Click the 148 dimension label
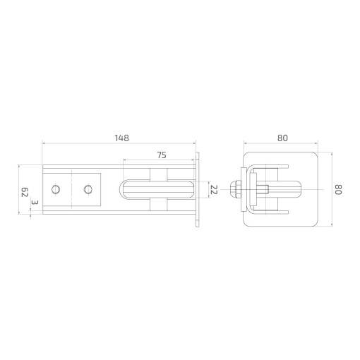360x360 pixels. click(x=122, y=138)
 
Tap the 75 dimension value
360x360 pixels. click(x=162, y=155)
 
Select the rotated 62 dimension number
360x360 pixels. click(x=25, y=192)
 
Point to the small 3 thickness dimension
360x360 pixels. click(x=35, y=203)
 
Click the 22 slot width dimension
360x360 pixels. click(x=214, y=189)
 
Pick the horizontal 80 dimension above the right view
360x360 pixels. click(x=282, y=138)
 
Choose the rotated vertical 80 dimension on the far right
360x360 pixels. click(x=338, y=190)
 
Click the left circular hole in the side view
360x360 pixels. click(x=56, y=189)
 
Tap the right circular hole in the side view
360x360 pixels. click(x=88, y=189)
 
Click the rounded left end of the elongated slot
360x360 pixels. click(x=121, y=189)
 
